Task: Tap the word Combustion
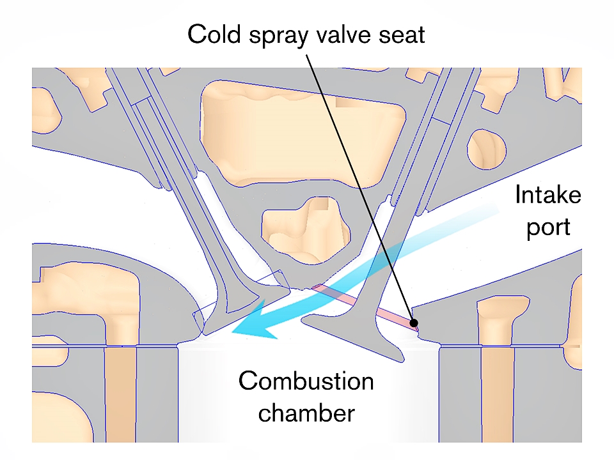pyautogui.click(x=306, y=382)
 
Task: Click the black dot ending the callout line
pyautogui.click(x=414, y=323)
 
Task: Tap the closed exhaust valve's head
pyautogui.click(x=237, y=313)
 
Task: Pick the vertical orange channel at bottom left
pyautogui.click(x=120, y=396)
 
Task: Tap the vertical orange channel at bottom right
pyautogui.click(x=495, y=396)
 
